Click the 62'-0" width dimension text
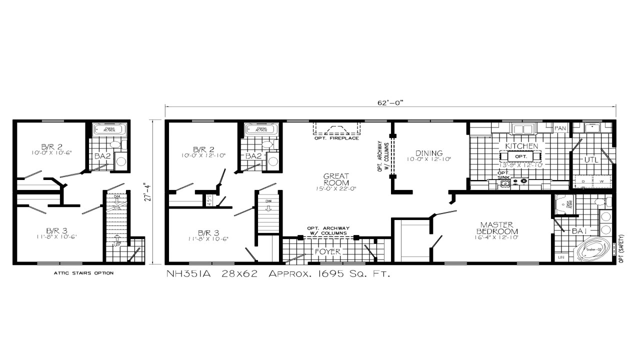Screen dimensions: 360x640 (x=390, y=102)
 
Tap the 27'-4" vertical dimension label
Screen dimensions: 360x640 (x=146, y=192)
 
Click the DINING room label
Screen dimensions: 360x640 (x=429, y=153)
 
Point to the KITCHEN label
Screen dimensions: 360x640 (x=521, y=146)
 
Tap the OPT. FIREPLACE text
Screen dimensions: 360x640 (x=336, y=138)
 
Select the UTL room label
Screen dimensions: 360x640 (x=591, y=160)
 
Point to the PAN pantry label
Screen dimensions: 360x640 (x=560, y=128)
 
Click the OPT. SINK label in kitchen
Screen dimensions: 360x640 (x=502, y=174)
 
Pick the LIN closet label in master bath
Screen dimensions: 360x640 (x=560, y=257)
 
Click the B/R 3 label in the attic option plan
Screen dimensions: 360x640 (x=56, y=230)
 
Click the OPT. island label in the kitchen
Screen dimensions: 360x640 (x=521, y=156)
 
